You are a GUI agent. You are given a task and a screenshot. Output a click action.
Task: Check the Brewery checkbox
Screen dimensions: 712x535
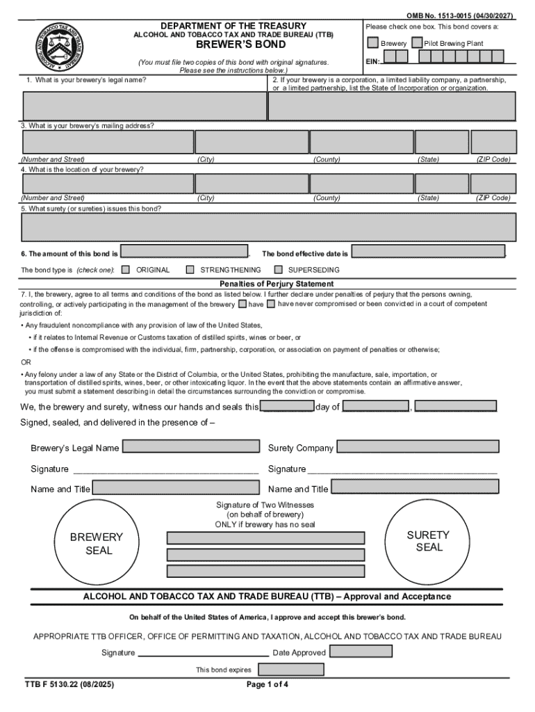(x=373, y=43)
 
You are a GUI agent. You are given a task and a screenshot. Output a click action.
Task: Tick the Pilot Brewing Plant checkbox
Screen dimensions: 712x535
(x=416, y=43)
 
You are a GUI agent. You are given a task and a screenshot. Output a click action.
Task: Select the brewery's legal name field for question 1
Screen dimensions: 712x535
(x=144, y=106)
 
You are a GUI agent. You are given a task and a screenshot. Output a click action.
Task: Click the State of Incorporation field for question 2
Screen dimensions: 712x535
(x=392, y=106)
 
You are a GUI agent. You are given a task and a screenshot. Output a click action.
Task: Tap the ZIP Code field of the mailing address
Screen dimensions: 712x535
(x=493, y=142)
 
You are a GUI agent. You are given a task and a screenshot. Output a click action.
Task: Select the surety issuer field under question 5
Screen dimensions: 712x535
(x=268, y=227)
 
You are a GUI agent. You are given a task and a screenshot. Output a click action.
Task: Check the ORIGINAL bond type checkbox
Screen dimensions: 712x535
(x=126, y=270)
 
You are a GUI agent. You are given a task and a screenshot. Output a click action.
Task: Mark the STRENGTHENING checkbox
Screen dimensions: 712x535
(x=190, y=270)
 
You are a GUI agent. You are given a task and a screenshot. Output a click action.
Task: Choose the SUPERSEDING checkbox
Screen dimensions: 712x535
(x=279, y=270)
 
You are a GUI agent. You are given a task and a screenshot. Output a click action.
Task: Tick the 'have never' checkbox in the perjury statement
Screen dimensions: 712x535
(x=272, y=304)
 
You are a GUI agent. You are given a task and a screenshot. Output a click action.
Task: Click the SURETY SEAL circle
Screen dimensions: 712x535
(x=429, y=541)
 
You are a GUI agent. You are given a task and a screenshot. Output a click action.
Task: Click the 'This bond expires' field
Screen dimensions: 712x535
(x=291, y=670)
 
